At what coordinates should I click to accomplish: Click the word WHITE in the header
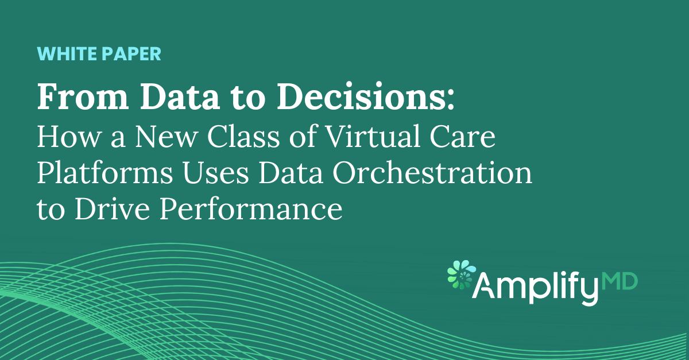[67, 54]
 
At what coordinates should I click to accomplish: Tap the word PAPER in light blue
[131, 54]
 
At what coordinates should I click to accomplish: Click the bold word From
[83, 96]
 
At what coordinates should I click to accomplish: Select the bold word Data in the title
[180, 96]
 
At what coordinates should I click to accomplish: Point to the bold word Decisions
[362, 96]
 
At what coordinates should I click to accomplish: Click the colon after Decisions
[451, 101]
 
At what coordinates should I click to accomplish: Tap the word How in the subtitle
[69, 136]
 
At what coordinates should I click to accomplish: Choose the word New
[166, 136]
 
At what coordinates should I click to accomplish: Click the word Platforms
[105, 172]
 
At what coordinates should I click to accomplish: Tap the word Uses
[216, 173]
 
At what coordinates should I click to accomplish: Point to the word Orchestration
[432, 172]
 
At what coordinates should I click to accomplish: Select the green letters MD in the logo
[619, 282]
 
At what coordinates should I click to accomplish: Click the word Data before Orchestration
[291, 173]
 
